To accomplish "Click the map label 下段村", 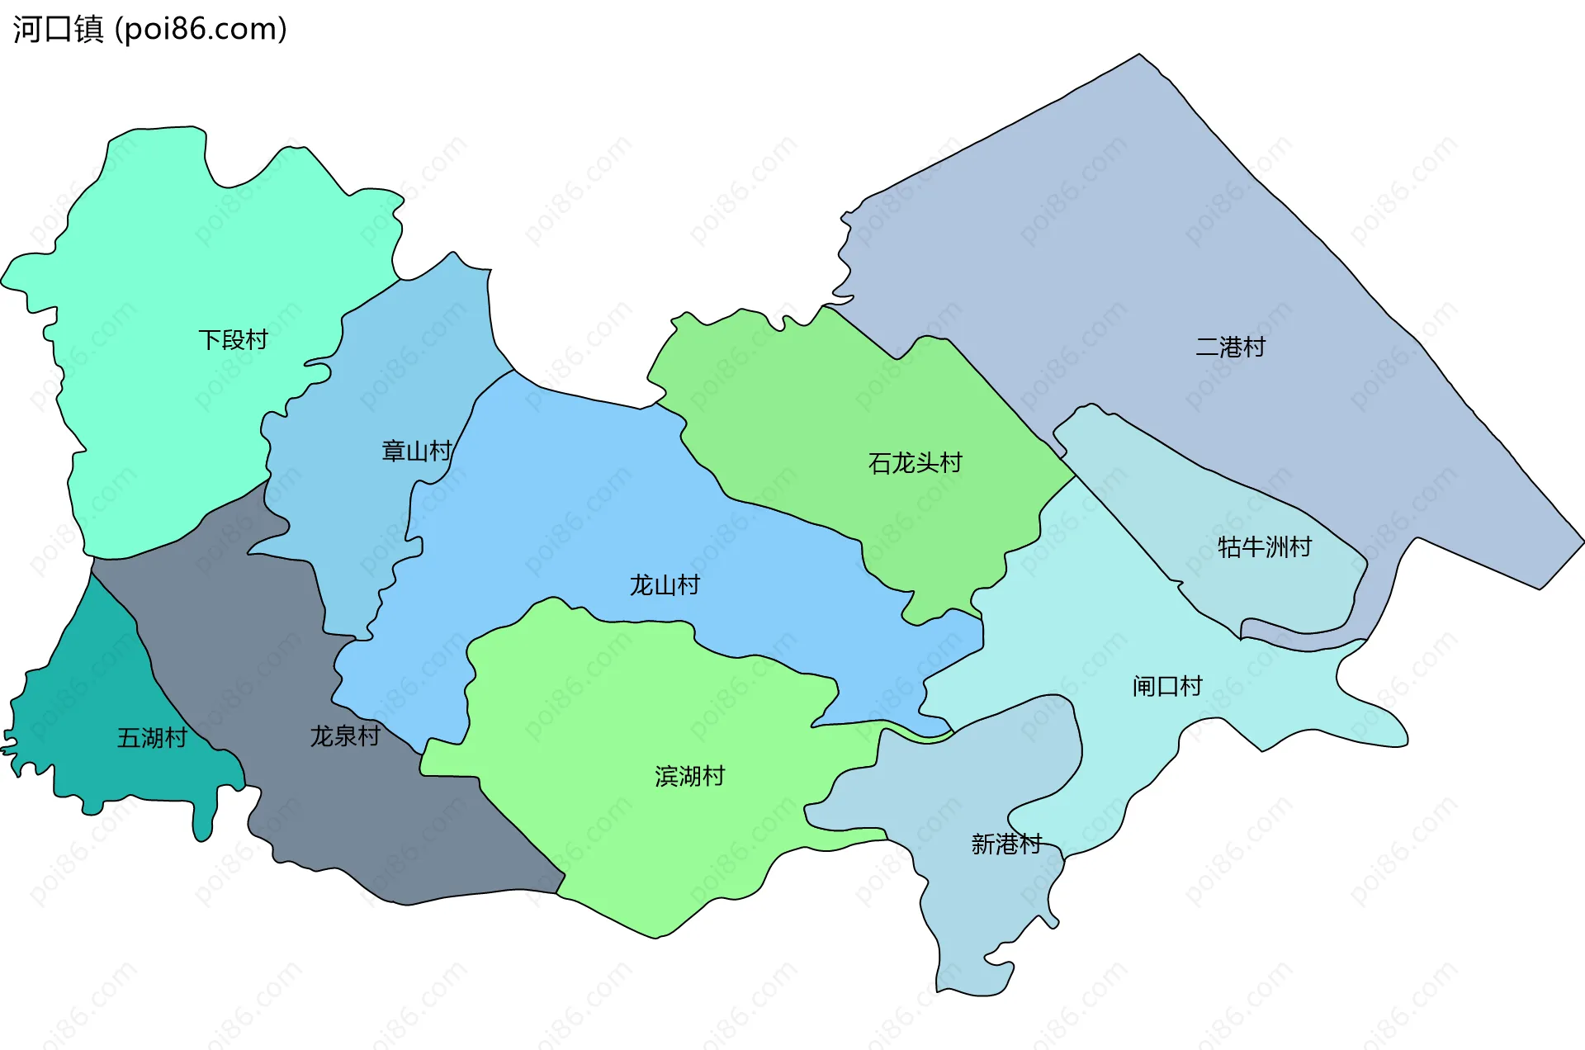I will point(234,340).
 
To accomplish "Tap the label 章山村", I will point(417,452).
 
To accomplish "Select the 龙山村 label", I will point(665,586).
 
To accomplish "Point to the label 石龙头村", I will point(916,463).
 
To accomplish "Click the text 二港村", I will point(1230,348).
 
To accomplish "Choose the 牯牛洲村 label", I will point(1265,547).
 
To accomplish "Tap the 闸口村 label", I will point(1167,686).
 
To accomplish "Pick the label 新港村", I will point(1006,844).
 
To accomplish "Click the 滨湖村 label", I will point(689,777).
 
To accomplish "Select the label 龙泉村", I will point(345,736).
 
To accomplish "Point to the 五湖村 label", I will point(152,738).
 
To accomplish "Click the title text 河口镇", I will point(58,29).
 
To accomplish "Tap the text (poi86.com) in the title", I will point(201,29).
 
